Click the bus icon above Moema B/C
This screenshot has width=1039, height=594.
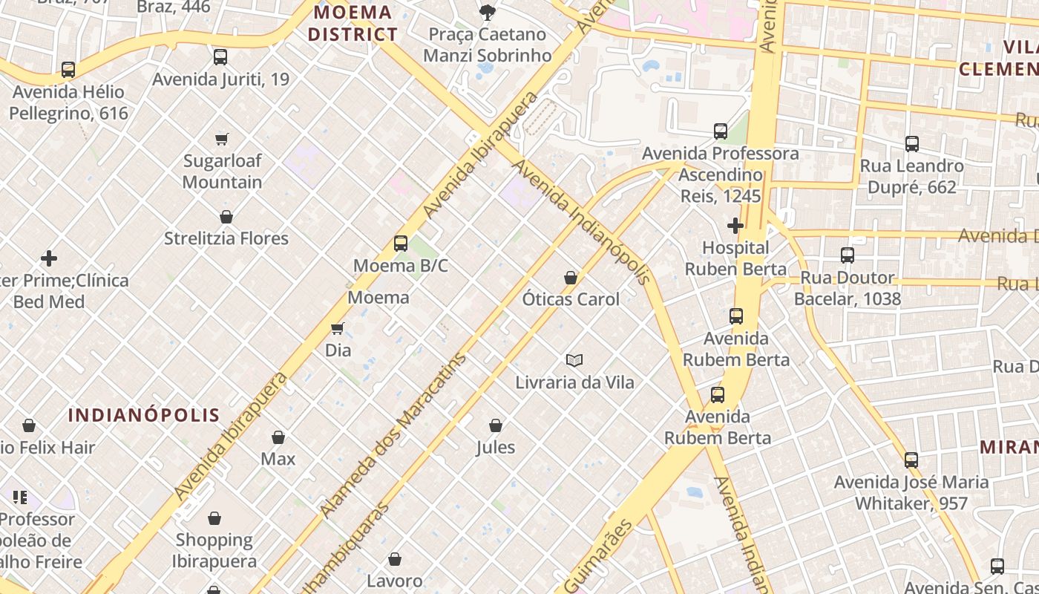click(x=401, y=244)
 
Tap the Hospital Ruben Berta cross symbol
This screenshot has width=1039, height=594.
click(x=735, y=225)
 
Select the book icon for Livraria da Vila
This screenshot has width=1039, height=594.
click(x=574, y=360)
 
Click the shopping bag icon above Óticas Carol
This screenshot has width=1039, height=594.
click(x=571, y=278)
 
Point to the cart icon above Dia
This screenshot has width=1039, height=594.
click(x=338, y=328)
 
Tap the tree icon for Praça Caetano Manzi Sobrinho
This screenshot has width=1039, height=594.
click(x=487, y=12)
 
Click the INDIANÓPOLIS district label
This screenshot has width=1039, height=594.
click(x=144, y=415)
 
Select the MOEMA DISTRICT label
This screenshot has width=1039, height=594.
click(x=353, y=23)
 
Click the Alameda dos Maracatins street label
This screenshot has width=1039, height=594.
click(x=393, y=434)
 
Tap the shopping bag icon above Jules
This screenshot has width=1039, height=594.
click(x=496, y=425)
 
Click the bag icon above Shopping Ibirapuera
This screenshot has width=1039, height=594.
click(x=214, y=518)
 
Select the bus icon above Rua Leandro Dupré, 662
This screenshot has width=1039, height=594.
click(x=912, y=144)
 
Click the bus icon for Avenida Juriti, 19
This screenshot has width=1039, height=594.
click(x=220, y=57)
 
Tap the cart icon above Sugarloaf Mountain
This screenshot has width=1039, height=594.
click(x=221, y=139)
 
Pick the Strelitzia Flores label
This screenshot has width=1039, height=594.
click(x=226, y=238)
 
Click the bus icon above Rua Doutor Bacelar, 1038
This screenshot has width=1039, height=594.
click(x=848, y=255)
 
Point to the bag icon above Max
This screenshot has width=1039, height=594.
click(x=278, y=437)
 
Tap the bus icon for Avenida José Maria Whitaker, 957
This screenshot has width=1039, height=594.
click(x=911, y=460)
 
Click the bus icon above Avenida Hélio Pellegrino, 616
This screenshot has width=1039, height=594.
click(x=68, y=70)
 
